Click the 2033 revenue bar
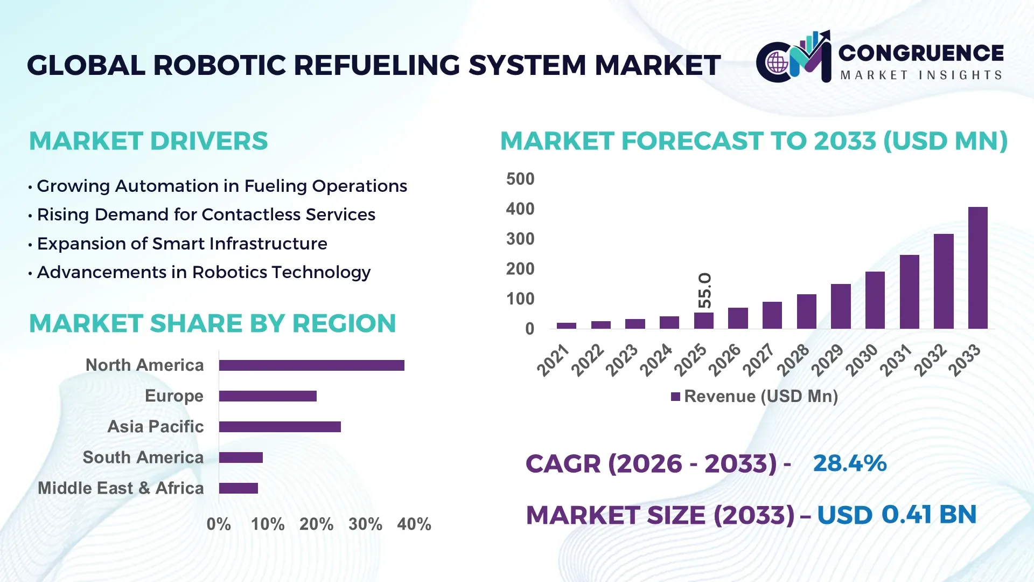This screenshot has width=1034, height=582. click(977, 268)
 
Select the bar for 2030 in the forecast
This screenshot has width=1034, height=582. click(875, 300)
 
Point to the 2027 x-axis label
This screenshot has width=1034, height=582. click(758, 359)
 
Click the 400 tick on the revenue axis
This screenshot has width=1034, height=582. click(520, 209)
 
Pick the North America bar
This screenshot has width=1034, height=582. click(311, 365)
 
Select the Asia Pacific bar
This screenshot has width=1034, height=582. click(280, 427)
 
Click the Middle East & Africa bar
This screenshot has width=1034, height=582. click(238, 488)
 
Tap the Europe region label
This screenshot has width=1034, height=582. click(174, 396)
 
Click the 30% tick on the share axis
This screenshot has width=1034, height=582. click(365, 524)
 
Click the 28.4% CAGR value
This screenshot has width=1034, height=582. click(849, 463)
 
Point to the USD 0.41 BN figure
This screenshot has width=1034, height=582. click(896, 515)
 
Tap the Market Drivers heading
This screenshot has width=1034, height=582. click(148, 141)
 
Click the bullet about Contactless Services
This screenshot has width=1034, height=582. click(206, 214)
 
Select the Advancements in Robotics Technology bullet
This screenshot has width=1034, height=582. click(204, 272)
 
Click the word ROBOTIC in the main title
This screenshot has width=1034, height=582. click(222, 65)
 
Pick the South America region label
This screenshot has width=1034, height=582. click(143, 458)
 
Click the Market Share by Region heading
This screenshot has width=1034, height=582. click(212, 323)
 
